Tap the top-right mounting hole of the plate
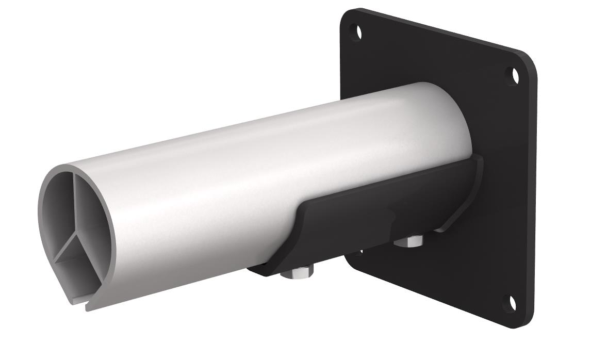click(514, 76)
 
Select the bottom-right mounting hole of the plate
click(512, 302)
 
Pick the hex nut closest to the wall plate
click(409, 240)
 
